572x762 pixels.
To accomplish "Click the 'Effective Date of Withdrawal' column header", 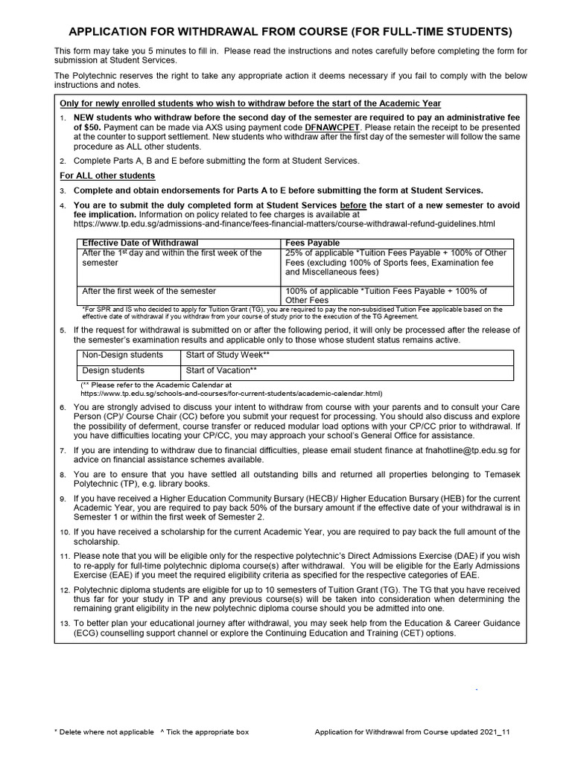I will (x=140, y=243).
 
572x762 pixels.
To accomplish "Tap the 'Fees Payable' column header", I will (x=312, y=243).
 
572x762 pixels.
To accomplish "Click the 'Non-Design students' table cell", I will (x=122, y=355).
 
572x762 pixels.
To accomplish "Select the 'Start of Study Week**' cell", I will (x=227, y=355).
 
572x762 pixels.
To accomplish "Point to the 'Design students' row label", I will (x=113, y=370).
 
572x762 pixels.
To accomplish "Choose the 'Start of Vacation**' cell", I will (x=221, y=370).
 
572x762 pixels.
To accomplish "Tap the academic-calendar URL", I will (x=231, y=393).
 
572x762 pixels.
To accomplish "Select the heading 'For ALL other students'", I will (x=107, y=176).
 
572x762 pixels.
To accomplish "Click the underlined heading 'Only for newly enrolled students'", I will (x=250, y=103).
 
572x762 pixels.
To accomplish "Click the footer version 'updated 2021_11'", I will (x=479, y=732).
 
